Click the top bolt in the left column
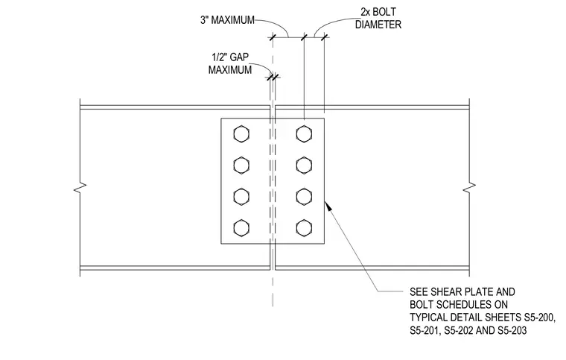[241, 134]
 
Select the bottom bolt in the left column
[241, 228]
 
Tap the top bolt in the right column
[304, 134]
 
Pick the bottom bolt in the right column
[304, 228]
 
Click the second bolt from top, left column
[241, 165]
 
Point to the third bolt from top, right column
[304, 197]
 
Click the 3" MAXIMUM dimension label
[227, 20]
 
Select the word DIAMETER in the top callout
[378, 25]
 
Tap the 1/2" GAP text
[230, 57]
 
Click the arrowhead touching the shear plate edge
[328, 206]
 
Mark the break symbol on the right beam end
[469, 188]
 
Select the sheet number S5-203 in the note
[512, 330]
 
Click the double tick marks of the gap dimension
[273, 77]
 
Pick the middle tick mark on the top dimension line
[304, 37]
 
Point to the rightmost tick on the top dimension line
[324, 37]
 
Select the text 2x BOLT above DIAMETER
[378, 12]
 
